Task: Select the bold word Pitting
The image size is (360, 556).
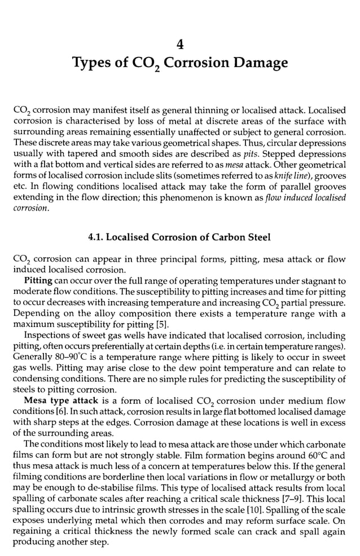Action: click(39, 280)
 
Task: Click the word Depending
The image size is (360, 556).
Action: click(34, 314)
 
